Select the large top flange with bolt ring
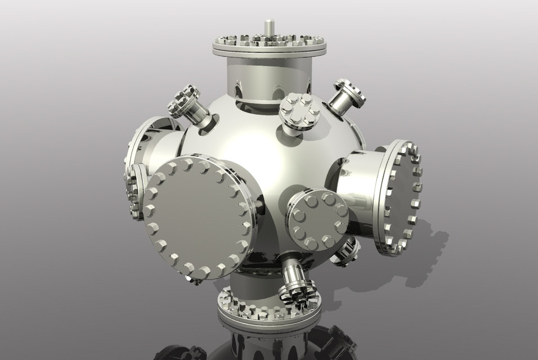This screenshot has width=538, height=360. (270, 45)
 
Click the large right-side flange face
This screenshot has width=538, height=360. (401, 197)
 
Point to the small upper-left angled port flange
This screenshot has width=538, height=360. (183, 102)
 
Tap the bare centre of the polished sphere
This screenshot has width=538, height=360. (264, 163)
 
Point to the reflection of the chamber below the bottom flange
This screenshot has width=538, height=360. (269, 346)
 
